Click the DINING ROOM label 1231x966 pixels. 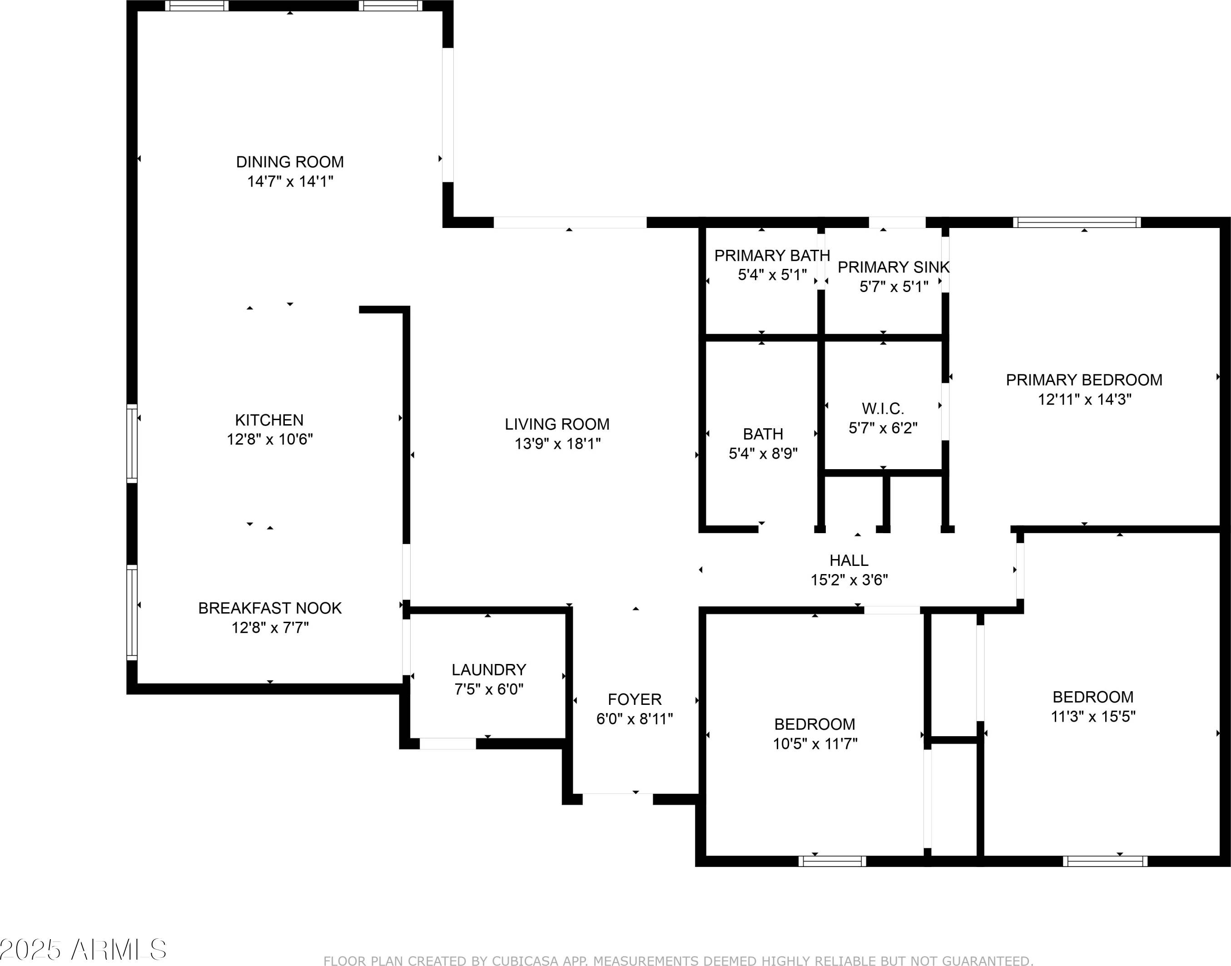click(x=290, y=162)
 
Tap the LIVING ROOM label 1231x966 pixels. click(x=557, y=424)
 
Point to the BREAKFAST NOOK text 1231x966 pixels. click(x=270, y=608)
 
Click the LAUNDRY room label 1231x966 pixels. click(x=489, y=669)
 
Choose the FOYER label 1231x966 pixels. click(x=635, y=699)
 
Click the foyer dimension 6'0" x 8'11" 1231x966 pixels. click(x=635, y=719)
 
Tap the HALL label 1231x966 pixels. click(x=849, y=560)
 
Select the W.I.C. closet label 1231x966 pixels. click(x=883, y=408)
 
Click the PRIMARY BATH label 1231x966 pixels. click(x=772, y=256)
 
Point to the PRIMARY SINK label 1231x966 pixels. click(x=893, y=267)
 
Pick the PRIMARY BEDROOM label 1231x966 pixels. click(x=1084, y=380)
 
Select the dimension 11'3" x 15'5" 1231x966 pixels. click(x=1093, y=717)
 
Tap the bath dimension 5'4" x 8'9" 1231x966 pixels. click(x=763, y=454)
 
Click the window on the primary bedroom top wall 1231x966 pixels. click(x=1077, y=222)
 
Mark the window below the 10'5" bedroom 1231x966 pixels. click(x=832, y=862)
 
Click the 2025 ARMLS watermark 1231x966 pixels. click(x=83, y=950)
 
